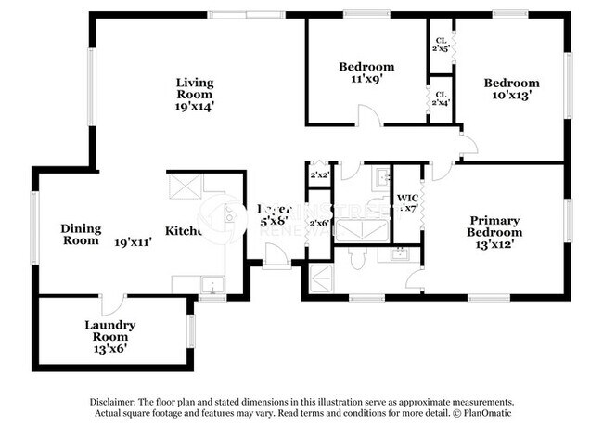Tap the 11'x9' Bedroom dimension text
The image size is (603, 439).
click(x=366, y=80)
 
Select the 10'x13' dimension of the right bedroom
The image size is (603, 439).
click(x=511, y=96)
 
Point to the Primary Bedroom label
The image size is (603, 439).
click(x=493, y=226)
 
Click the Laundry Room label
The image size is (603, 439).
click(x=109, y=326)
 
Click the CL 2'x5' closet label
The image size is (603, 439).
click(x=442, y=43)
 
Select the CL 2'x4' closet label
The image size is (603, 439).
click(x=442, y=97)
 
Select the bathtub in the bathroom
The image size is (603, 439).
click(x=353, y=226)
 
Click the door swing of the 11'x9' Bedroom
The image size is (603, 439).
click(x=368, y=116)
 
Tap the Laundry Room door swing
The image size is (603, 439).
click(x=113, y=303)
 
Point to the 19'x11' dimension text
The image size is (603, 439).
click(x=134, y=242)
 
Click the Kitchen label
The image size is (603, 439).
click(x=184, y=230)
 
